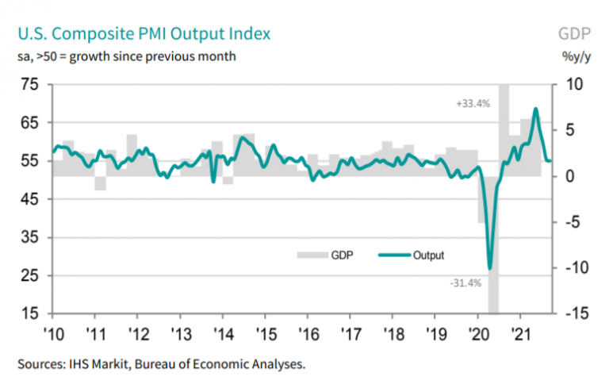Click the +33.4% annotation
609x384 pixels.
coord(473,104)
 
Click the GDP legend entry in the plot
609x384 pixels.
coord(331,255)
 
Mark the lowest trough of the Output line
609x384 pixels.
coord(490,268)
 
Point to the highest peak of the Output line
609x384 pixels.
coord(536,109)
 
